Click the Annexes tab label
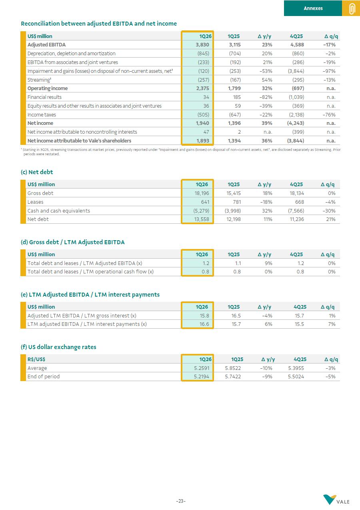coord(313,8)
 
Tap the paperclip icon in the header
coord(352,8)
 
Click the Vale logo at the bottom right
coord(336,500)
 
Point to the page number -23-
coord(181,501)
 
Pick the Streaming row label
coord(39,80)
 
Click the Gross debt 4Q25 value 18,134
coord(296,193)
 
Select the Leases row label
coord(35,202)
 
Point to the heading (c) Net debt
coord(37,172)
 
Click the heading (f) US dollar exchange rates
coord(58,347)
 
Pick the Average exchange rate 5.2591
coord(201,368)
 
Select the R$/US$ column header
coord(36,359)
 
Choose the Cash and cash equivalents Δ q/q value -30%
coord(329,211)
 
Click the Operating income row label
coord(48,88)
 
